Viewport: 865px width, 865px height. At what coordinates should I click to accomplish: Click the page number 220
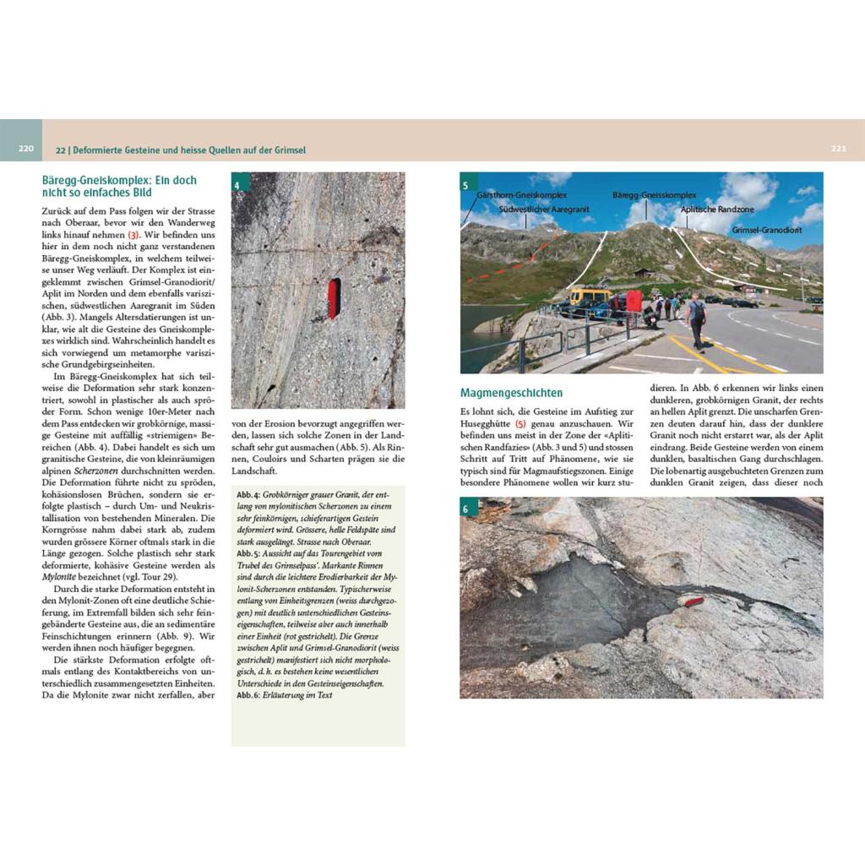[x=25, y=150]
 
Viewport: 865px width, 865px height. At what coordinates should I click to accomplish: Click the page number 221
[x=838, y=150]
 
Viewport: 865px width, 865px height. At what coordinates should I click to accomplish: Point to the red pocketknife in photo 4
[x=334, y=298]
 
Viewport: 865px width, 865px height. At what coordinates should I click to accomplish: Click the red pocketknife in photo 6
[x=695, y=601]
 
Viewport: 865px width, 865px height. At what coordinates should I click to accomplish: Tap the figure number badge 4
[x=240, y=185]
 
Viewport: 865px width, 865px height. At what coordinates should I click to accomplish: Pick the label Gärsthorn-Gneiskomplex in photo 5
[x=518, y=194]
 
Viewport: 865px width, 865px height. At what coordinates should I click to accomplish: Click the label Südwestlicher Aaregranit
[x=544, y=208]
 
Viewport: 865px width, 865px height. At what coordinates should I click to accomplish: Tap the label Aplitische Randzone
[x=717, y=209]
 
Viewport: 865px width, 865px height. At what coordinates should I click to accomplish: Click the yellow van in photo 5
[x=590, y=300]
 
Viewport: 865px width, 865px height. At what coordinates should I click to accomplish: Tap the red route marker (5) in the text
[x=520, y=422]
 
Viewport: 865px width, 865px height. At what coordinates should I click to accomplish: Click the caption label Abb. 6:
[x=249, y=694]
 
